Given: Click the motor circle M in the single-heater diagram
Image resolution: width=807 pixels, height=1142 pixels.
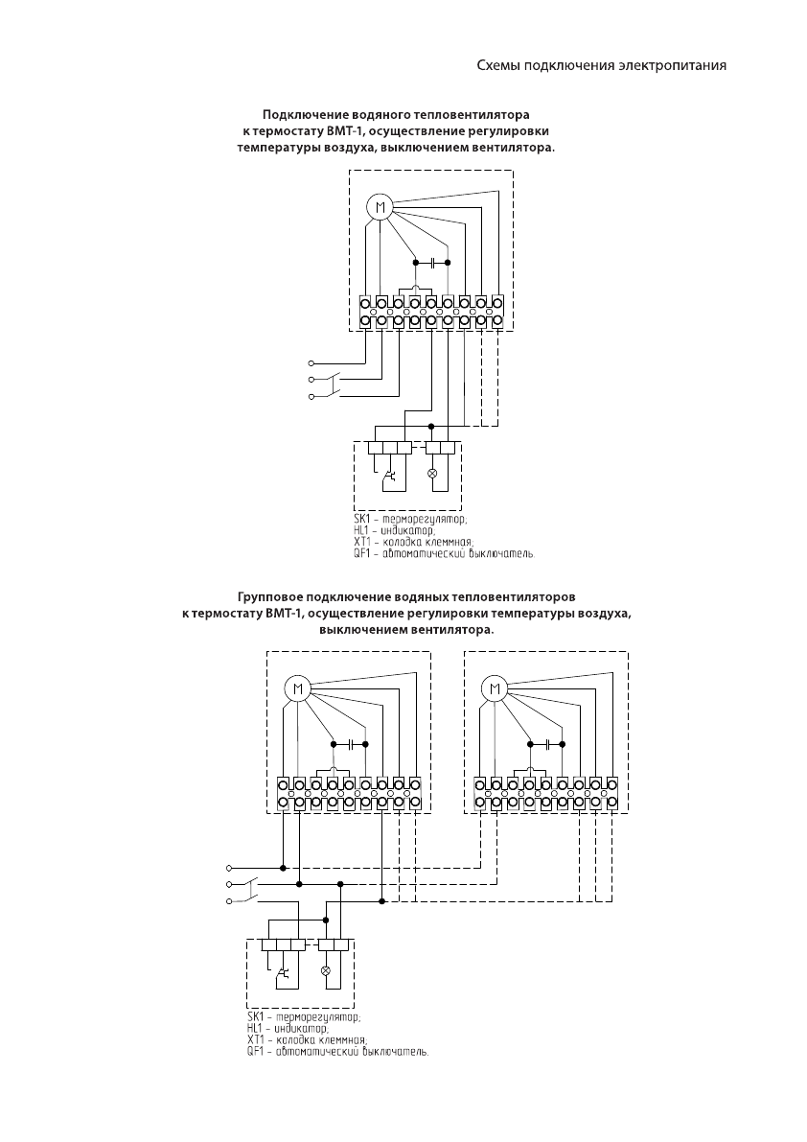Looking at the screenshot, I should pyautogui.click(x=380, y=207).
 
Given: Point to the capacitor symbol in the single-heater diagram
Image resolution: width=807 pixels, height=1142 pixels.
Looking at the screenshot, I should pyautogui.click(x=431, y=262).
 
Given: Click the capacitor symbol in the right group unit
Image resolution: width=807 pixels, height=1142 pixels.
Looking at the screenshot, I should pyautogui.click(x=546, y=743).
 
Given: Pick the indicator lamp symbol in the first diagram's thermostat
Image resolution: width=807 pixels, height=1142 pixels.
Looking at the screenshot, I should pyautogui.click(x=431, y=474).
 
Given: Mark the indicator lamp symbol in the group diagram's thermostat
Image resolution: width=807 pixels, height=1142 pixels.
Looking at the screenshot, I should pyautogui.click(x=325, y=969).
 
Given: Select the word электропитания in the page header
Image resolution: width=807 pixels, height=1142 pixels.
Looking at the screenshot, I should pyautogui.click(x=672, y=66).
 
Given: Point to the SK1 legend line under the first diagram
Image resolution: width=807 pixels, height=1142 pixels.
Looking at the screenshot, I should pyautogui.click(x=410, y=520).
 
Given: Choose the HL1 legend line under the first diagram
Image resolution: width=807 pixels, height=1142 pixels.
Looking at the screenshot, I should pyautogui.click(x=394, y=530).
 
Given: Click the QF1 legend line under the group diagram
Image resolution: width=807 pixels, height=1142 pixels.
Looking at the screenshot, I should pyautogui.click(x=336, y=1050).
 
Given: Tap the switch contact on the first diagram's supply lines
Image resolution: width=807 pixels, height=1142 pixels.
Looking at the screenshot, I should pyautogui.click(x=333, y=386).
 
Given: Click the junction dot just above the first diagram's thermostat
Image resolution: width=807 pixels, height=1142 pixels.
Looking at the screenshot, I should pyautogui.click(x=431, y=425).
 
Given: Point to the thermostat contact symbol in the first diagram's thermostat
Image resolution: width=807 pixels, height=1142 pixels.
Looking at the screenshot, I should pyautogui.click(x=389, y=475).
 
